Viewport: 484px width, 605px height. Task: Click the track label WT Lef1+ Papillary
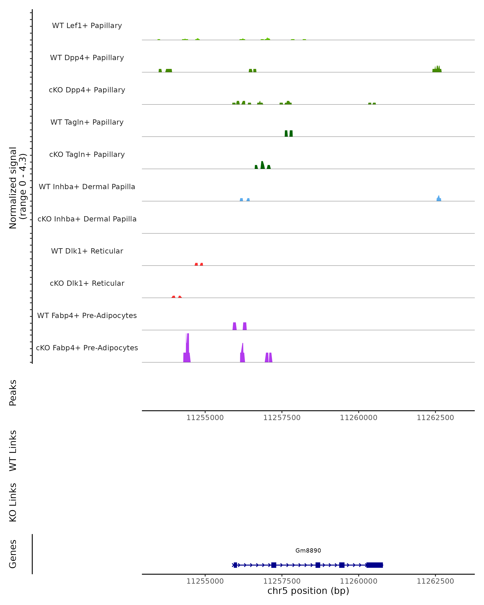pos(87,26)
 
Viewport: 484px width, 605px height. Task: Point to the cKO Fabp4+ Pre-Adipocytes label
pos(87,348)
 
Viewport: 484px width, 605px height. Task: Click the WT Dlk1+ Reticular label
pos(87,251)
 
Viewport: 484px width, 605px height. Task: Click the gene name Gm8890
pos(308,551)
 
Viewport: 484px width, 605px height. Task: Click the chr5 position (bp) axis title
pos(308,591)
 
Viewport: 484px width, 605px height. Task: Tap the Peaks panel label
pos(13,393)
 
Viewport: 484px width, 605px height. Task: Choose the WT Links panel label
pos(13,450)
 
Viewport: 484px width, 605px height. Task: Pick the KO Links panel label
pos(13,502)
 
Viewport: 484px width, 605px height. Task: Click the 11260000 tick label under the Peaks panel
pos(358,418)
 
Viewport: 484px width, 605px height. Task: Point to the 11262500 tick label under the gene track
pos(435,581)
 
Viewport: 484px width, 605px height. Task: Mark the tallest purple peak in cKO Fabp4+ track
pos(187,348)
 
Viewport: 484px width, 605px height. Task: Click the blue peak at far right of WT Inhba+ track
pos(439,199)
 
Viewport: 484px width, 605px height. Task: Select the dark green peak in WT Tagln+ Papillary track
pos(288,134)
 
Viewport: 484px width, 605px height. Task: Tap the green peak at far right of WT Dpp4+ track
pos(437,70)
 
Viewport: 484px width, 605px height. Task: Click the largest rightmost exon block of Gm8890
pos(374,565)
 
